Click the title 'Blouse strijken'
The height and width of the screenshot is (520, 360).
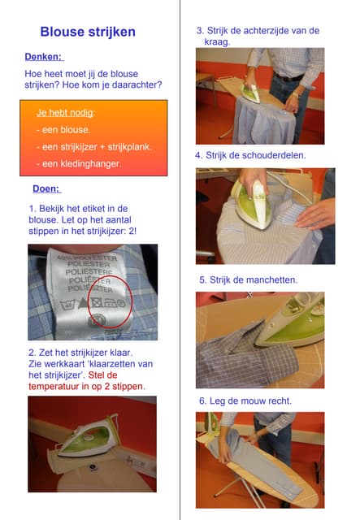(88, 32)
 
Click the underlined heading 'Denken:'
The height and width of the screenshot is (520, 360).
(43, 57)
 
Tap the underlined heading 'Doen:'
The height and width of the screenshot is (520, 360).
(46, 188)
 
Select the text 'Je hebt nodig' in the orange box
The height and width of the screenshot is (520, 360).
(65, 113)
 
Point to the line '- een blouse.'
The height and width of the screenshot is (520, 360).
(63, 130)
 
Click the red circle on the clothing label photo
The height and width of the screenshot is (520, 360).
(111, 301)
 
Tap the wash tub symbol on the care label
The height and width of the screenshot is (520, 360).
(67, 304)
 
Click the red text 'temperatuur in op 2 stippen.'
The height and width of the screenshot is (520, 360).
(87, 387)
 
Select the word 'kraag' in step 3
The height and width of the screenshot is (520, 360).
(216, 42)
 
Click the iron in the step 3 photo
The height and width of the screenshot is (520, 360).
(250, 93)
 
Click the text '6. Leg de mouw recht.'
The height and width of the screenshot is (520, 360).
(245, 401)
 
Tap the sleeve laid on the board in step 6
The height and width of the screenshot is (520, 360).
(258, 459)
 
